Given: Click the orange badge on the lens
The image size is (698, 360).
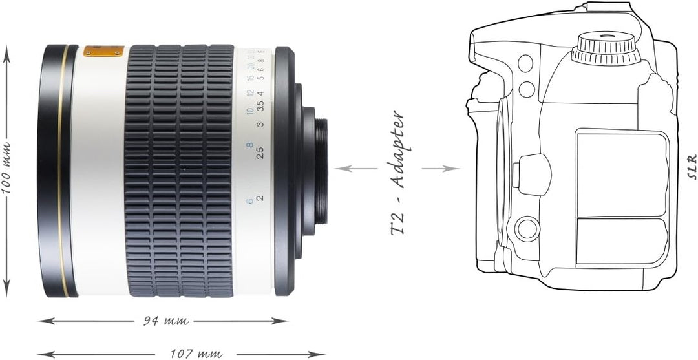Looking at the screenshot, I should [x=104, y=50].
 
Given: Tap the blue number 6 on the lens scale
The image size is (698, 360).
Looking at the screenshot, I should [x=249, y=201].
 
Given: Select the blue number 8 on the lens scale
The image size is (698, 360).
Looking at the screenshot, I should [x=249, y=145].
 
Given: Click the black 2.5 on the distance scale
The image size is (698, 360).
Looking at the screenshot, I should [x=259, y=153].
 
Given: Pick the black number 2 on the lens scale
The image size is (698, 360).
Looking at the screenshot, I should [x=260, y=198].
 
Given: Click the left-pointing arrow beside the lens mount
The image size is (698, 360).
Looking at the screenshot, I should [x=356, y=169].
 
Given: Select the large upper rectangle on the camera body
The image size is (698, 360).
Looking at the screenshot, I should [x=622, y=173].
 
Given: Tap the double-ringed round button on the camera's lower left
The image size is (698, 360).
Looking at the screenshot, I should [x=527, y=228].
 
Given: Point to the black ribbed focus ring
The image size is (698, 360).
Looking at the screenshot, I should [x=179, y=171].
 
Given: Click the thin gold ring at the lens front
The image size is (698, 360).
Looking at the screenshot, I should [x=63, y=171].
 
